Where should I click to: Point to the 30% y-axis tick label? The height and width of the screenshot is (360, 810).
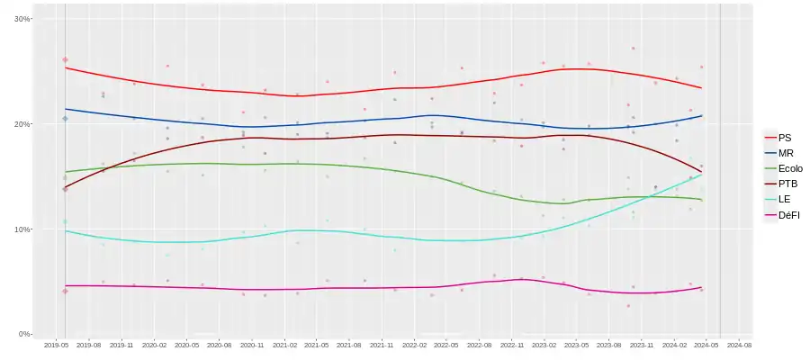pyautogui.click(x=22, y=19)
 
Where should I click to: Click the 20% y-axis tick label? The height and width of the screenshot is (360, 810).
pyautogui.click(x=22, y=124)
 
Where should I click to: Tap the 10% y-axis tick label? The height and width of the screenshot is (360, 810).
pyautogui.click(x=22, y=229)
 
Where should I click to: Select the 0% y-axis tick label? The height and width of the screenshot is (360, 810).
pyautogui.click(x=24, y=334)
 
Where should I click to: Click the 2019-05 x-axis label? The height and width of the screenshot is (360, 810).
pyautogui.click(x=58, y=345)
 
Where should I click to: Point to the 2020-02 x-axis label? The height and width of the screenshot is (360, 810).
pyautogui.click(x=155, y=345)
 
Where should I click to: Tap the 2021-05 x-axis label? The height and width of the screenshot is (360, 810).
pyautogui.click(x=318, y=345)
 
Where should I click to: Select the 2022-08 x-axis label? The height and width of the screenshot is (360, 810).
pyautogui.click(x=480, y=345)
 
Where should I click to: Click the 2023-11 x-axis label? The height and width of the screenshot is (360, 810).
pyautogui.click(x=642, y=345)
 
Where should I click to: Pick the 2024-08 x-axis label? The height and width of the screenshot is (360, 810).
pyautogui.click(x=739, y=345)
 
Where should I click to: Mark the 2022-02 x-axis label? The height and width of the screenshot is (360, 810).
pyautogui.click(x=415, y=345)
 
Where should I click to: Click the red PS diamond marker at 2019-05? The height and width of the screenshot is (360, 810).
pyautogui.click(x=65, y=59)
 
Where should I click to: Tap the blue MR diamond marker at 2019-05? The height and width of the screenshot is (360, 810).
pyautogui.click(x=65, y=119)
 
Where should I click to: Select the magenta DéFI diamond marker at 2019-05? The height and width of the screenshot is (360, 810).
pyautogui.click(x=65, y=291)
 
